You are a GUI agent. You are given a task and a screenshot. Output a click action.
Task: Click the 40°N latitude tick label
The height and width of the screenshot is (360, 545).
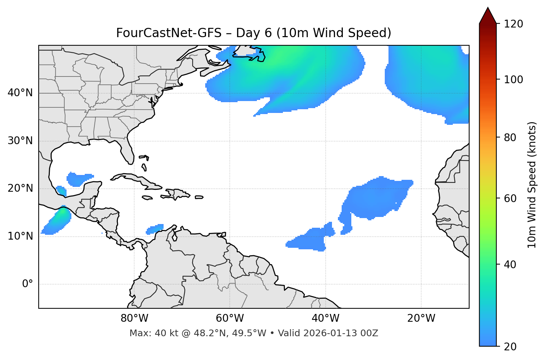[x=20, y=93]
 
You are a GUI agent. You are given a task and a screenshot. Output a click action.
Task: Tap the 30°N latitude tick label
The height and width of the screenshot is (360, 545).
[x=20, y=141]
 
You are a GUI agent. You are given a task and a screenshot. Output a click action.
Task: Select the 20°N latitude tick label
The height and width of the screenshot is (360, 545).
[x=20, y=188]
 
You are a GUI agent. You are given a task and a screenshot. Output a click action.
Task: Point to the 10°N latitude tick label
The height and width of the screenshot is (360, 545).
[x=20, y=236]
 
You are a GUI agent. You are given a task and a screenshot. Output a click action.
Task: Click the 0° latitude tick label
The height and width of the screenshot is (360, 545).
[x=28, y=284]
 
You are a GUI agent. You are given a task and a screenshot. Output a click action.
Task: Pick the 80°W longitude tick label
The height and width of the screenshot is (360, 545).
[x=134, y=318]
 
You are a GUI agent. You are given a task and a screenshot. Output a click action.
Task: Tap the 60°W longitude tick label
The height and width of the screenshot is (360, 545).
[x=230, y=318]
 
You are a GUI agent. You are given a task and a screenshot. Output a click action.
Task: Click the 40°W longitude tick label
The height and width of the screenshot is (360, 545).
[x=326, y=318]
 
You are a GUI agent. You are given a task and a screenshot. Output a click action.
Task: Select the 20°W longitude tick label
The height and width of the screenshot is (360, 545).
[x=421, y=318]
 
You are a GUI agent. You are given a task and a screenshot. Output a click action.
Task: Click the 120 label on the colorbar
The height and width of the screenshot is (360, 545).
[x=513, y=24]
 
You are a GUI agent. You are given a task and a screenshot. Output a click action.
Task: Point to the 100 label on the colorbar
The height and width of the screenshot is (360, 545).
[x=513, y=80]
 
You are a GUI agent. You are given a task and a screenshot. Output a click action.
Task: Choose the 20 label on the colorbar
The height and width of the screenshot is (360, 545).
[x=510, y=347]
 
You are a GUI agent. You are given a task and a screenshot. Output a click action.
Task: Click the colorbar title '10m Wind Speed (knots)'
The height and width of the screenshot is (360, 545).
[x=532, y=185]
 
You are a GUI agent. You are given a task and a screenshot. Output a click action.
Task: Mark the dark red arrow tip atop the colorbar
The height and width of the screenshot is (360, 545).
[x=488, y=15]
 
